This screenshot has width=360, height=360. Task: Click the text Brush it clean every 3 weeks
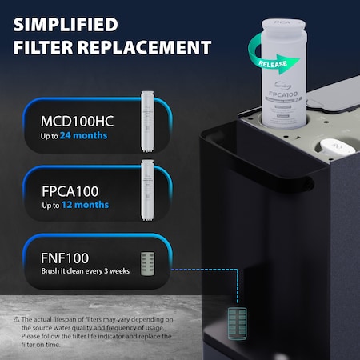(x=85, y=272)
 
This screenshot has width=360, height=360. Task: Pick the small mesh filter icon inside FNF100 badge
(x=146, y=263)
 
